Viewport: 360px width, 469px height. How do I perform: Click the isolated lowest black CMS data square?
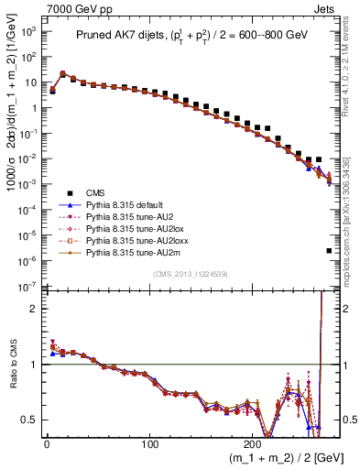328,250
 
